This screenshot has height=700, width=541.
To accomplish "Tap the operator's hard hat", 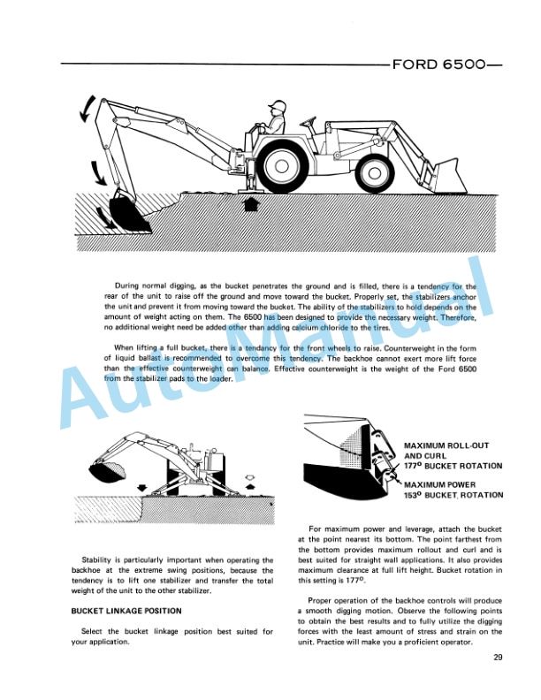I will click(278, 106).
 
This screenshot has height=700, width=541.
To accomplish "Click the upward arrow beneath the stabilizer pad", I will click(251, 206).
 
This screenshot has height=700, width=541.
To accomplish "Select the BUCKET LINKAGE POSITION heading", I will click(126, 611).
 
